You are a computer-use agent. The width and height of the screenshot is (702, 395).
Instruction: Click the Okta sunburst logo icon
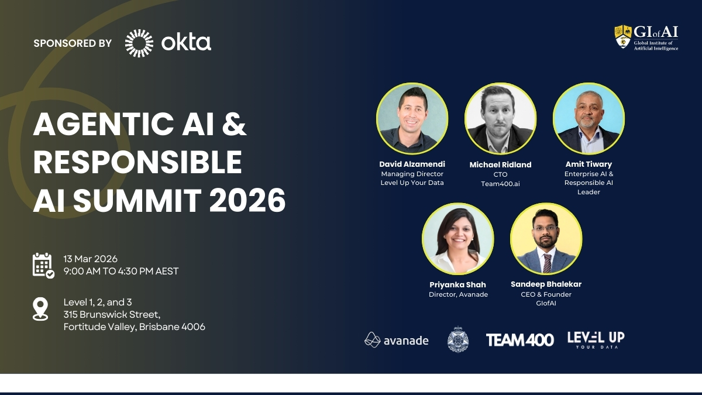[x=139, y=43]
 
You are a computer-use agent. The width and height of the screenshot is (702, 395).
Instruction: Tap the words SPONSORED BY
[x=73, y=43]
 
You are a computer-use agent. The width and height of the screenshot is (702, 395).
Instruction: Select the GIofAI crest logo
[x=622, y=36]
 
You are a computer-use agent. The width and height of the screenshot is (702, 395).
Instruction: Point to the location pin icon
[x=40, y=309]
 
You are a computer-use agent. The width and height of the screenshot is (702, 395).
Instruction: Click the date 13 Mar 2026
[x=91, y=259]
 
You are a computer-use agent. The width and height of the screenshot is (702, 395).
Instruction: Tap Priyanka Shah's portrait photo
[x=457, y=239]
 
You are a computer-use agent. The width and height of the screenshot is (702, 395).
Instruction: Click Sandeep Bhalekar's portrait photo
[x=546, y=239]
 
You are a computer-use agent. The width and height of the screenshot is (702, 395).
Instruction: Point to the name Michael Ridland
[x=500, y=165]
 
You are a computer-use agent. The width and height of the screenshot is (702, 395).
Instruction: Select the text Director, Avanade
[x=458, y=294]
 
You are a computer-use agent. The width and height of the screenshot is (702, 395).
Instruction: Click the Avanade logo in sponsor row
[x=396, y=340]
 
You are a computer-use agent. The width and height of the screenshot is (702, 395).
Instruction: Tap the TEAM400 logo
[x=519, y=340]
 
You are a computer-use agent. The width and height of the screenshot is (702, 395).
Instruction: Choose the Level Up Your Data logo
[x=596, y=339]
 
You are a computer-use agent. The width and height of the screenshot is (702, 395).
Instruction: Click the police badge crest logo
[x=458, y=339]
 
